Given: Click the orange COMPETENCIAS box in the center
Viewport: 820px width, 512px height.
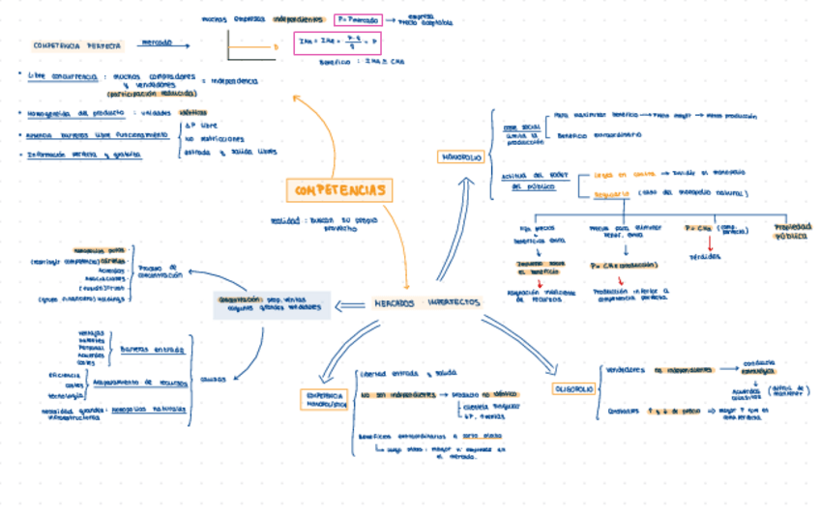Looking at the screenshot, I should pyautogui.click(x=338, y=190).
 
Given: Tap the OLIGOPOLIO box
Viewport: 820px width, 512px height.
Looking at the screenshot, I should pyautogui.click(x=573, y=388).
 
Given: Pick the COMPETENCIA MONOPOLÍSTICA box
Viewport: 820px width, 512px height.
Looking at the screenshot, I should pyautogui.click(x=325, y=401).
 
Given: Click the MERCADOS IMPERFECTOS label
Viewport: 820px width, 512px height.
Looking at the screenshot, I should pyautogui.click(x=426, y=303).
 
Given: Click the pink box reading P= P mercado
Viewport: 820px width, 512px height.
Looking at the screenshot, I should pyautogui.click(x=356, y=19).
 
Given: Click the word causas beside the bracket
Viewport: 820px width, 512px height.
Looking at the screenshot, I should pyautogui.click(x=213, y=379).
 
